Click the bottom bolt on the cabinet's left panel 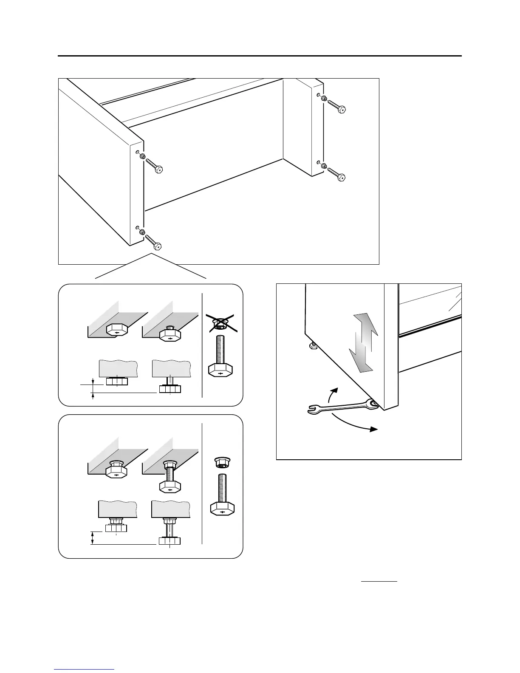pyautogui.click(x=153, y=241)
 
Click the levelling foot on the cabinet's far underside pyautogui.click(x=313, y=346)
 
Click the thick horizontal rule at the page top pyautogui.click(x=260, y=56)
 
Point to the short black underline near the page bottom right pyautogui.click(x=379, y=580)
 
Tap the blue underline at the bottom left pyautogui.click(x=84, y=670)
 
